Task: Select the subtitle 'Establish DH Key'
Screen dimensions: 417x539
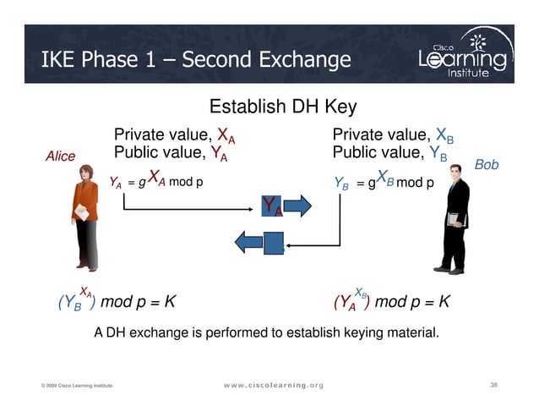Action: click(x=282, y=107)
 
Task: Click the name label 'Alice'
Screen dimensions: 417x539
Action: click(x=60, y=156)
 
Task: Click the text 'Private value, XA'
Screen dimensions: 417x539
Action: click(x=174, y=136)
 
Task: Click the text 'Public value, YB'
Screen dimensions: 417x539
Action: click(x=390, y=154)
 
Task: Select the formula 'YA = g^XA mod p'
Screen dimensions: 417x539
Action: click(x=156, y=180)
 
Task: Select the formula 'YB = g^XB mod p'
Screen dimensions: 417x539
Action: click(x=384, y=180)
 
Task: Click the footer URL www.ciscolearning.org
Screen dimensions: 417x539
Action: click(x=269, y=386)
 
